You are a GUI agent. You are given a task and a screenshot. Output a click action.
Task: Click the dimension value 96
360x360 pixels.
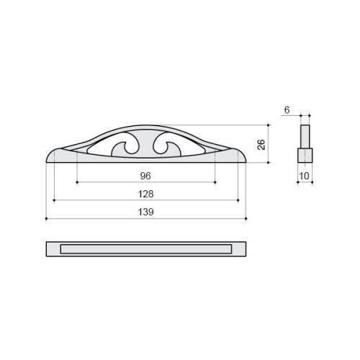click(145, 176)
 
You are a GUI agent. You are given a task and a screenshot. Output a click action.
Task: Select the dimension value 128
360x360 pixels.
click(145, 194)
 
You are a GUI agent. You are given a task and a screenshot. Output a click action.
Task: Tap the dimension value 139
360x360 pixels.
click(145, 212)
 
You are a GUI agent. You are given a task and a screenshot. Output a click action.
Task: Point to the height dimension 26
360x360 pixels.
click(261, 145)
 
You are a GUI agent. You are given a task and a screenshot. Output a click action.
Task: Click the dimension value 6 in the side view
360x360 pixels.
click(287, 110)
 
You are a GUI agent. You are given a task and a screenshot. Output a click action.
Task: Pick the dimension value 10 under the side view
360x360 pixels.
click(305, 176)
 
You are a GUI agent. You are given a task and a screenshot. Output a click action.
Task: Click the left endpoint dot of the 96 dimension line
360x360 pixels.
click(77, 182)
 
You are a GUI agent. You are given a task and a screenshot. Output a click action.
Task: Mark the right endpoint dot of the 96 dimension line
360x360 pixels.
click(215, 182)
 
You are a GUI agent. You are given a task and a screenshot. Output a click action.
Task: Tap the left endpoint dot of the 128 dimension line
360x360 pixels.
click(54, 200)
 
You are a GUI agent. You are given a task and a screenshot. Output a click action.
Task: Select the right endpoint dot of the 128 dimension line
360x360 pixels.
click(238, 200)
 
